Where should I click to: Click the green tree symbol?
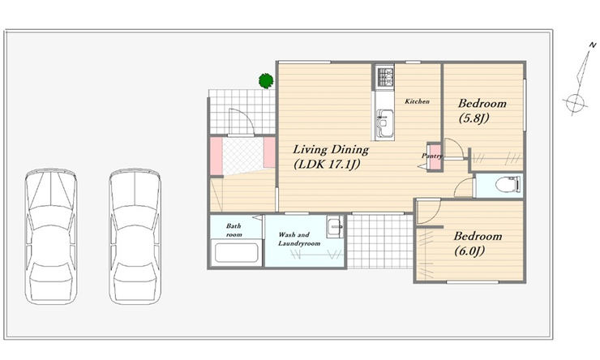click(x=266, y=81)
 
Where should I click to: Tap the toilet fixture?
click(x=508, y=184)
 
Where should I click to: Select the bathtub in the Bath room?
click(x=236, y=252)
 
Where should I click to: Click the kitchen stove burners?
click(x=385, y=77)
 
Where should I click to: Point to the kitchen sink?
click(x=384, y=122)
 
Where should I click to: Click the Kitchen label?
click(x=417, y=101)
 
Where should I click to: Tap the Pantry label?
click(x=432, y=156)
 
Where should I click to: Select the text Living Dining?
click(x=331, y=149)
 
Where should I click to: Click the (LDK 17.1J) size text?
click(x=328, y=165)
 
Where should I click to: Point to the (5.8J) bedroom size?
click(x=474, y=118)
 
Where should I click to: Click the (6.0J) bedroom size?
click(x=469, y=251)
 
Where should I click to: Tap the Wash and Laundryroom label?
click(x=299, y=239)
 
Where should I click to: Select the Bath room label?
click(x=234, y=230)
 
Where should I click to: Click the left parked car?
click(x=51, y=237)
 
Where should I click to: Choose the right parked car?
click(x=135, y=237)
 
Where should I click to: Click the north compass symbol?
click(x=579, y=79)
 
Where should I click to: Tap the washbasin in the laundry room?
click(x=335, y=227)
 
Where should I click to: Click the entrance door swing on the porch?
click(x=241, y=122)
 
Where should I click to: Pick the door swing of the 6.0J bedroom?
click(x=429, y=212)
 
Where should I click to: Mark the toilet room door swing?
click(x=464, y=187)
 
